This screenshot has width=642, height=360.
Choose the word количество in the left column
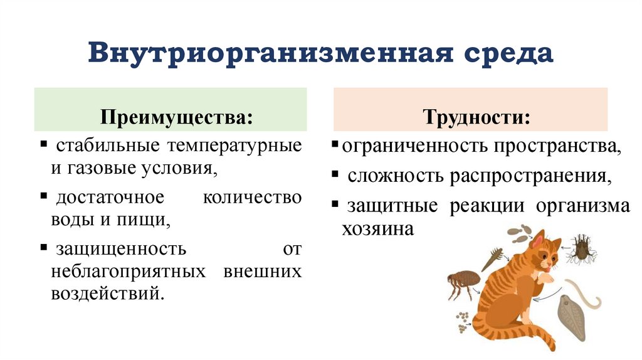(253, 198)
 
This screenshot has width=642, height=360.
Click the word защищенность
(121, 249)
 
